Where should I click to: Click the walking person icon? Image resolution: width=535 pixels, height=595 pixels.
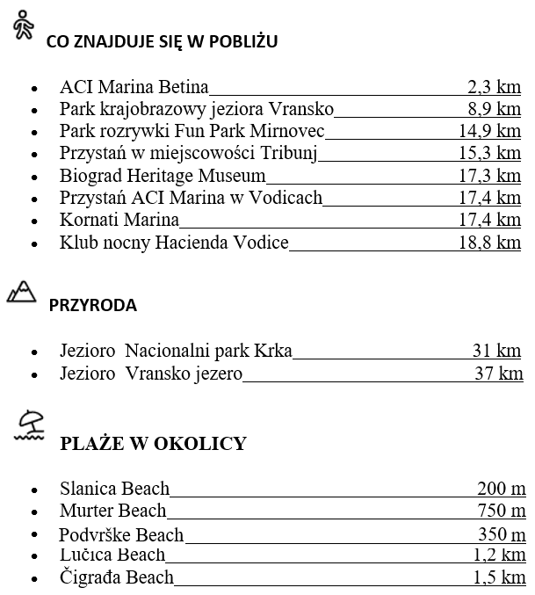point(23,28)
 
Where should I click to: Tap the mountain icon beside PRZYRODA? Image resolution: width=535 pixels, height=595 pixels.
point(21,292)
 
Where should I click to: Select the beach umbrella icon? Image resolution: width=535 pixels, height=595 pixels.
point(32,425)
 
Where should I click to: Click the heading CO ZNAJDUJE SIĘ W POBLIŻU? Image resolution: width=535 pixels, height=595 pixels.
point(162,41)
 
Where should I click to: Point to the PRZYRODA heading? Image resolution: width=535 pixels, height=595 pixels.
point(92,306)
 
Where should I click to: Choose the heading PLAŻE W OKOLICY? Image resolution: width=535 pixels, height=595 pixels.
point(153,443)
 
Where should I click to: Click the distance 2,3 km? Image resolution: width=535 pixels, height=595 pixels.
point(494,87)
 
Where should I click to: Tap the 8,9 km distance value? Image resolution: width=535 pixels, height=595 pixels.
point(494,109)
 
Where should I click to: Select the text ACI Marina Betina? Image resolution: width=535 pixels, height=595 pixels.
point(134,87)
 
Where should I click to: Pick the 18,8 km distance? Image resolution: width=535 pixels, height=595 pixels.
point(489,242)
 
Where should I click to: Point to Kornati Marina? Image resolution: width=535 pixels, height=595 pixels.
point(119,220)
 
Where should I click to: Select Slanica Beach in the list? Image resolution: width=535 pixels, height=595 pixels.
point(115,489)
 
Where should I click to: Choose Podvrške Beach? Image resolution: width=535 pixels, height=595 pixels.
point(121,534)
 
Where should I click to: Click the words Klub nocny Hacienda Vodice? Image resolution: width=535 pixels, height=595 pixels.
point(174,242)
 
